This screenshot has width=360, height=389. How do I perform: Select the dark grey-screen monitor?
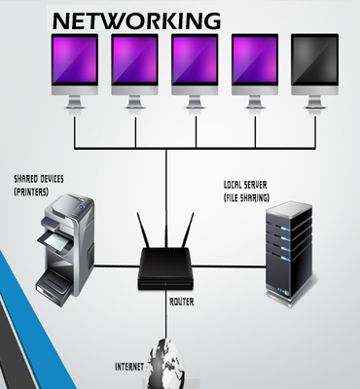(x=314, y=60)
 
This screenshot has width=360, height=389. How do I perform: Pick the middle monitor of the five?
(x=195, y=60)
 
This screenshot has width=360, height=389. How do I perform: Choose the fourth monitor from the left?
(x=255, y=60)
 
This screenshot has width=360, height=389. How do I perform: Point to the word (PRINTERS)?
(x=33, y=191)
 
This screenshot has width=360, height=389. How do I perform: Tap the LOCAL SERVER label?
(x=248, y=183)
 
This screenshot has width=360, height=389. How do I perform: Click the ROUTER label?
(x=180, y=301)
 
